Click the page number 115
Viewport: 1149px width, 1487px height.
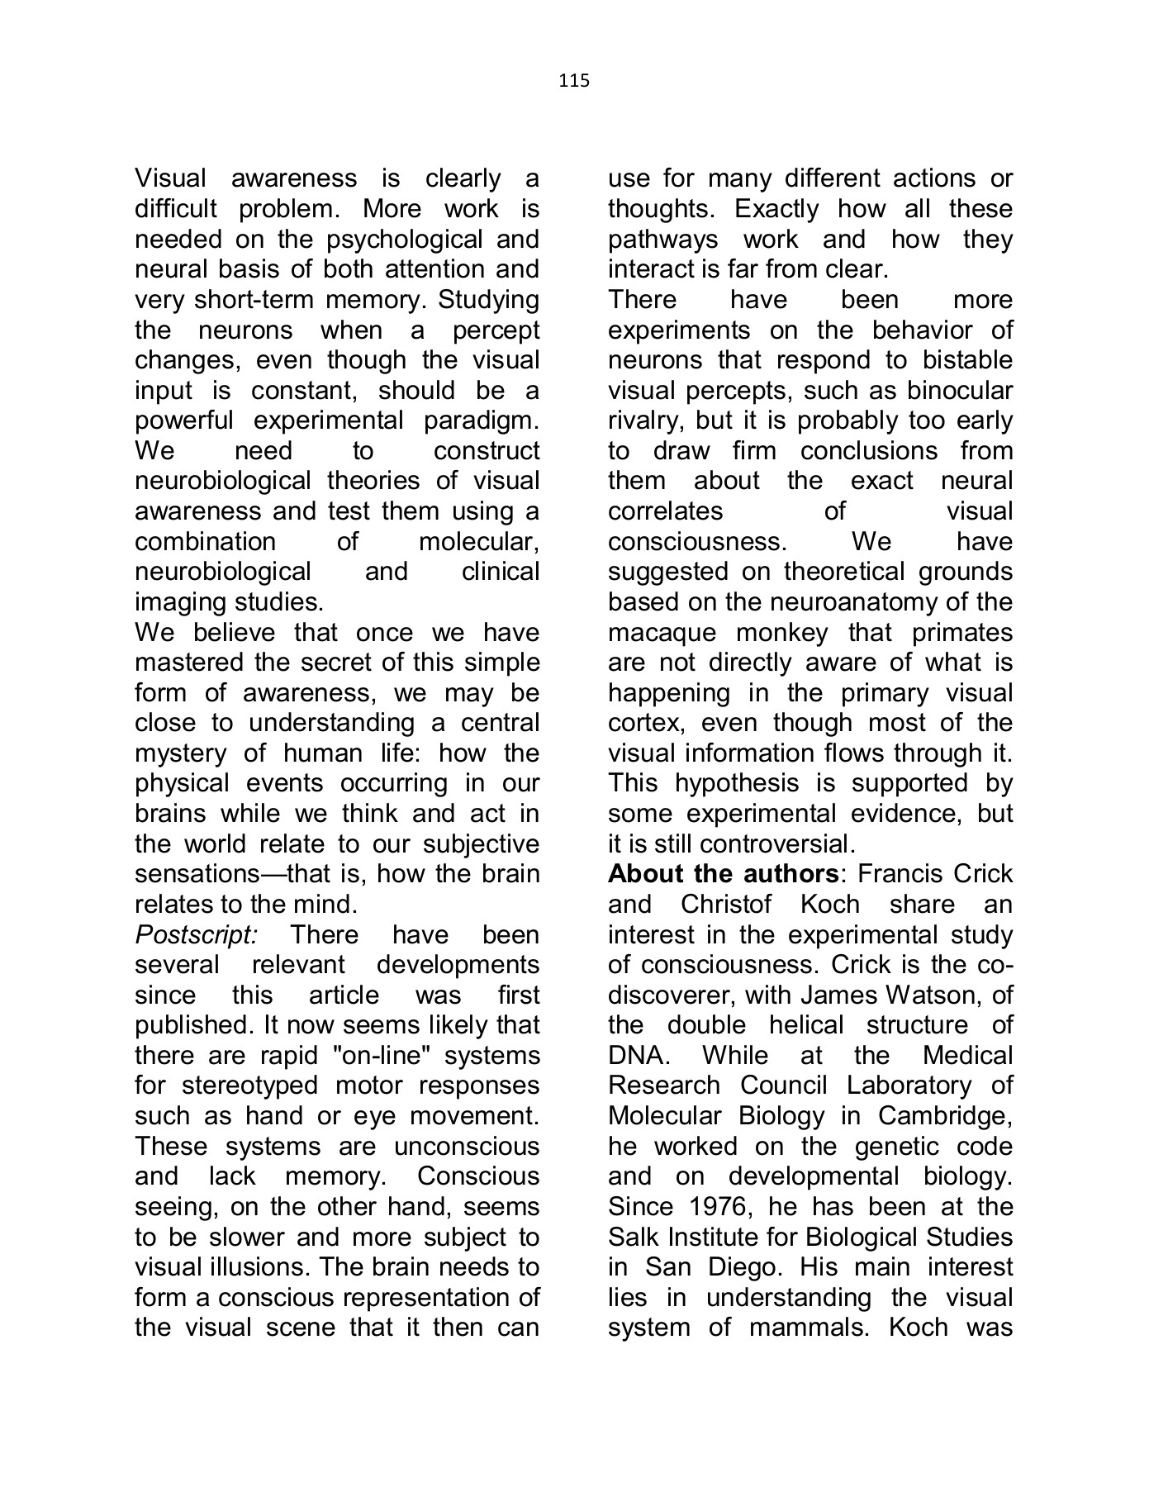(x=574, y=80)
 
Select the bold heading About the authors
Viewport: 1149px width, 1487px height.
(x=723, y=874)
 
